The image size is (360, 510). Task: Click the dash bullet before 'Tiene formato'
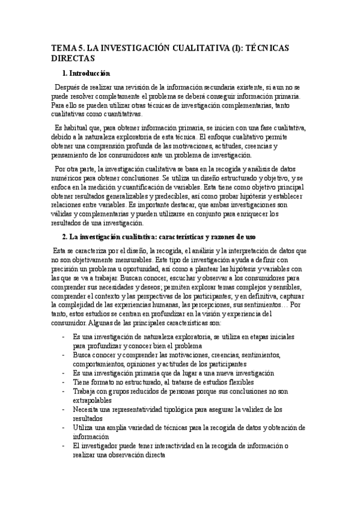click(64, 381)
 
